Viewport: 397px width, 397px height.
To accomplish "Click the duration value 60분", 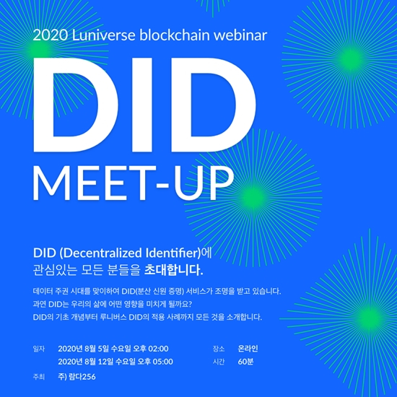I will pos(245,362).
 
